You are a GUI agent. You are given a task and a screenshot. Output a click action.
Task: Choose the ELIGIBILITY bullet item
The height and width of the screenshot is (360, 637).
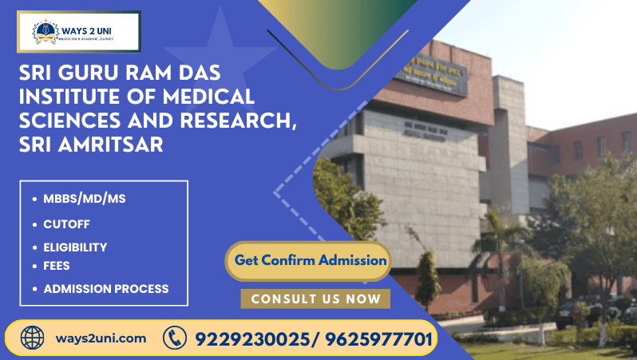(x=75, y=247)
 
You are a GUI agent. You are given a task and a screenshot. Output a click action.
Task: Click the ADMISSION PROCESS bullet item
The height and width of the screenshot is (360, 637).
(x=105, y=289)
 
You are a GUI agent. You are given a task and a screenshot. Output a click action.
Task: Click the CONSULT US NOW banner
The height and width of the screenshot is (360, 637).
(x=315, y=299)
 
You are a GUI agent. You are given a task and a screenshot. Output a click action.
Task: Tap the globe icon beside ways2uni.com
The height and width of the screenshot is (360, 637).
(x=33, y=338)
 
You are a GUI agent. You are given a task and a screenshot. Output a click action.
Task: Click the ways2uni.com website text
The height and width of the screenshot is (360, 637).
(x=101, y=338)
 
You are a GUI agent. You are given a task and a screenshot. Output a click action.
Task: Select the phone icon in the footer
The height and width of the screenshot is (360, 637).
(x=174, y=338)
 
